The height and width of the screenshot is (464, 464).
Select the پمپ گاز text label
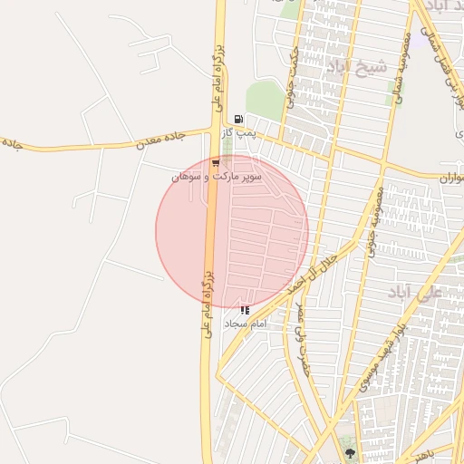point(242,132)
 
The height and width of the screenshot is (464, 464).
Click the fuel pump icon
point(238,118)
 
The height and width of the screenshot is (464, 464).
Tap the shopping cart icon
point(216,163)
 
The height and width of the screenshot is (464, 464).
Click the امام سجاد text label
point(247,323)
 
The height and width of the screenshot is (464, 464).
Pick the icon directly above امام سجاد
point(245,310)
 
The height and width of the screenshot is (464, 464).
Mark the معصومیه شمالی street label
point(402,68)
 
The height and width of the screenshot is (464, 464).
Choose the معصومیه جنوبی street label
point(374,221)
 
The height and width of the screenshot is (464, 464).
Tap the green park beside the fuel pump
point(264,98)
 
